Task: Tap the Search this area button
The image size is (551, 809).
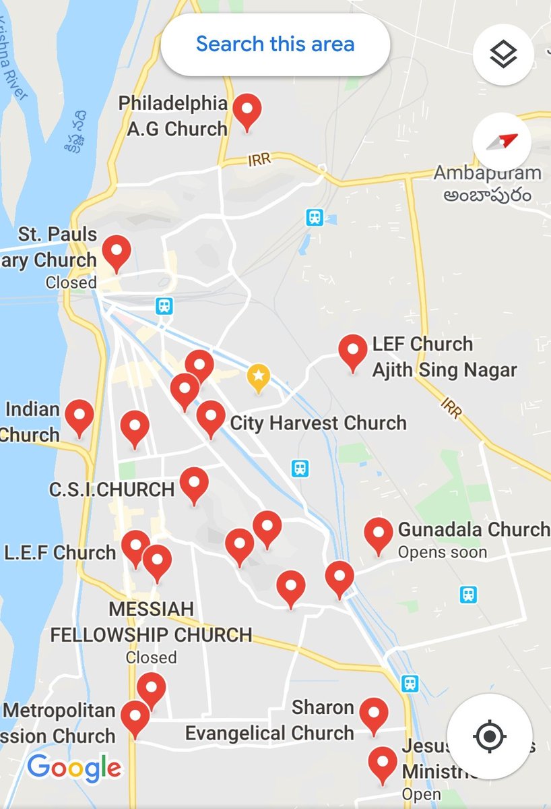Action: pyautogui.click(x=275, y=44)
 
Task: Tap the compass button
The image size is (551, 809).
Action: pyautogui.click(x=502, y=142)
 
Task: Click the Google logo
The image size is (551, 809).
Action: pyautogui.click(x=74, y=768)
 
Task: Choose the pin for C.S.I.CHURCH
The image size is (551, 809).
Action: pyautogui.click(x=194, y=483)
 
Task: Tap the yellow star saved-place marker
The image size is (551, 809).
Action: pyautogui.click(x=259, y=378)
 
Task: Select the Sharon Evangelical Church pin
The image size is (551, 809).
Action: pyautogui.click(x=373, y=714)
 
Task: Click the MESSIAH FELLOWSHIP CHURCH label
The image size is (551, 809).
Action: pyautogui.click(x=151, y=622)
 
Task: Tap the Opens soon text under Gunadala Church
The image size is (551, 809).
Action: pyautogui.click(x=432, y=552)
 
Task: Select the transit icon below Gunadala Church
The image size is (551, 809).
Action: pyautogui.click(x=468, y=594)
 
